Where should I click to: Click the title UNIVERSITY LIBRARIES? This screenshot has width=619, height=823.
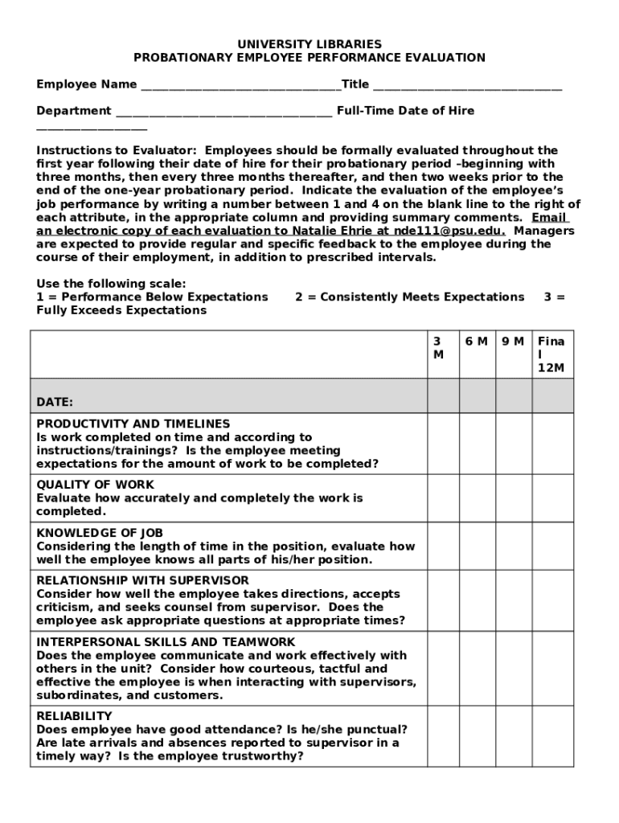coord(309,44)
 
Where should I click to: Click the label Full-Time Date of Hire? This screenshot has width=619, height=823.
coord(405,111)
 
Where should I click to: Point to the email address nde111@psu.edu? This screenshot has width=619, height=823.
coord(450,231)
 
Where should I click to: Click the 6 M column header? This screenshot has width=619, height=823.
coord(476,342)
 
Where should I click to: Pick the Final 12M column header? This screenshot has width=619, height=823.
coord(552,354)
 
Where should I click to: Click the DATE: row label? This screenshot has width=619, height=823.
coord(55,402)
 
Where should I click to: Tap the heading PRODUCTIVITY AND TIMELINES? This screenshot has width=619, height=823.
coord(133,424)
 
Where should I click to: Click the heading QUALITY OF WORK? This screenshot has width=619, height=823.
coord(96,485)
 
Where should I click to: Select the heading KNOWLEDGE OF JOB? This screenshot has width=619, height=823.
coord(100,533)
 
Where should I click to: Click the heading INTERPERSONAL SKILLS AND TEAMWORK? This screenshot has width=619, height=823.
coord(166,642)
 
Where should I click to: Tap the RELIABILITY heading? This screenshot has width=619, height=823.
coord(74,716)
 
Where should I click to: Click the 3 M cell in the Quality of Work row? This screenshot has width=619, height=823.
coord(443,498)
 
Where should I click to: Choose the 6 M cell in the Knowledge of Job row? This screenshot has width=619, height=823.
coord(477,547)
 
